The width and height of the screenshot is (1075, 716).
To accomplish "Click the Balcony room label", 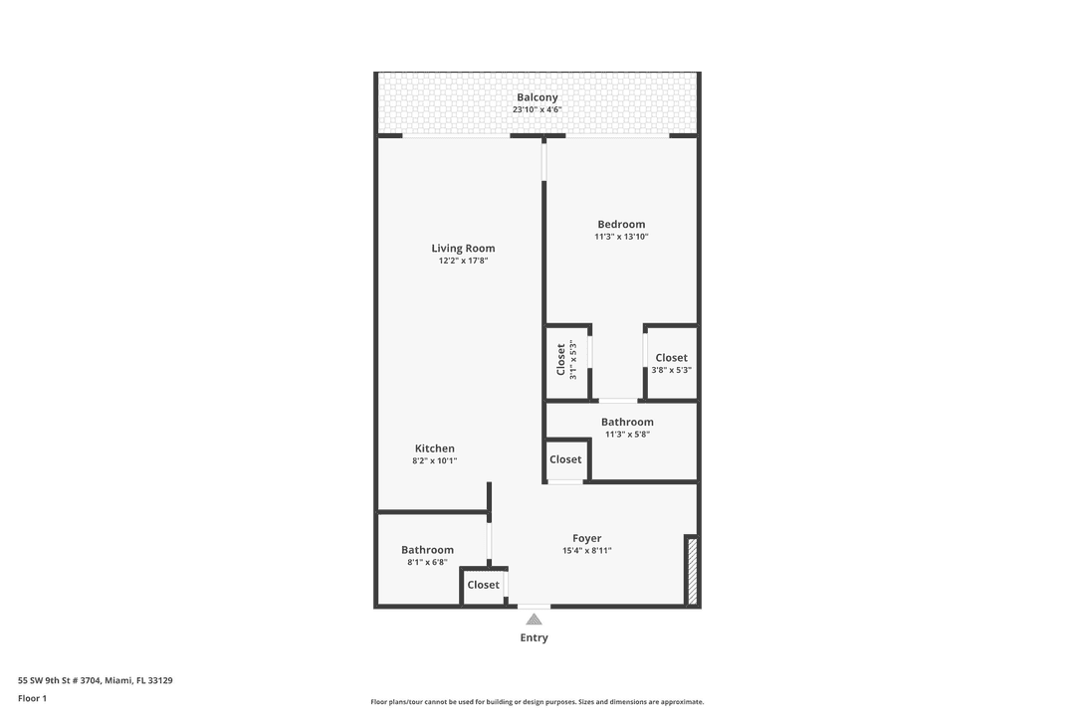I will coord(537,97).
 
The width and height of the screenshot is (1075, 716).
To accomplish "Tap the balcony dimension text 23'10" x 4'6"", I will coord(537,109).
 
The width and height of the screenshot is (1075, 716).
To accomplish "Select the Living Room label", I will coord(463,249).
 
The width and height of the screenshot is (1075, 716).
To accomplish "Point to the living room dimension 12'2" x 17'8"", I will coord(463,261).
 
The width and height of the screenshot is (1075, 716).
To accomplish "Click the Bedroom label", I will coord(621,225).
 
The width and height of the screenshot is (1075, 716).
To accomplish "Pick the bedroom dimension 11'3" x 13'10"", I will coord(621,237).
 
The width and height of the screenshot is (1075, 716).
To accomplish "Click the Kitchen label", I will coord(435,448).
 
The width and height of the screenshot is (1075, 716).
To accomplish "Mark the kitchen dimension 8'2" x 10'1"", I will coord(435,460).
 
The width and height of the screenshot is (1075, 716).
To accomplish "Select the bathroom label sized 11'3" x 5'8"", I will coord(627,423).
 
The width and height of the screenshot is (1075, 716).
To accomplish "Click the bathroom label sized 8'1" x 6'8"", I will coord(427,550).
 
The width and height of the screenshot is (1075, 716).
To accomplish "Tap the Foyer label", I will coord(586,538).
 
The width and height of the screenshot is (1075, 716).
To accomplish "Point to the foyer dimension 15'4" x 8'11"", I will coord(586,550).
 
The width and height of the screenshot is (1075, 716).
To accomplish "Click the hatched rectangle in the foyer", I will coord(692,570).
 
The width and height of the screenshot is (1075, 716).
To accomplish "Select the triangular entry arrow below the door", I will coord(534,620).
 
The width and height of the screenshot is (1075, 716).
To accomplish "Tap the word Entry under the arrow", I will coord(534,637).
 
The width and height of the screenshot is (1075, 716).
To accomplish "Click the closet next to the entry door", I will coord(484,585).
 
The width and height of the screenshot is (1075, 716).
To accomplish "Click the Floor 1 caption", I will coord(32,699).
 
